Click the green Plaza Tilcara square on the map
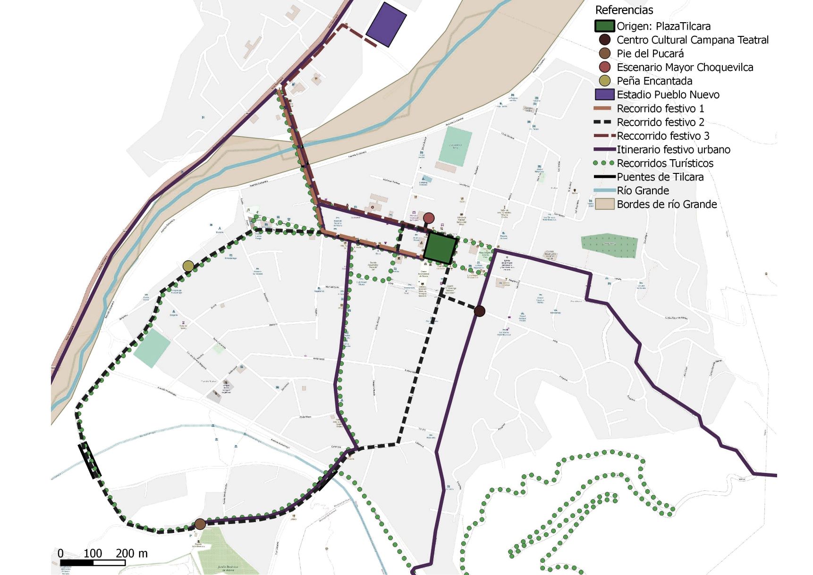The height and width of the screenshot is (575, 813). pyautogui.click(x=440, y=248)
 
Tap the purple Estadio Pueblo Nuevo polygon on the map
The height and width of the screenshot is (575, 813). pyautogui.click(x=386, y=25)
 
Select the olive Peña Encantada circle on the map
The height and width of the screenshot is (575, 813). pyautogui.click(x=188, y=266)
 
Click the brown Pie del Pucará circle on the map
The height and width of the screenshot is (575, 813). pyautogui.click(x=200, y=524)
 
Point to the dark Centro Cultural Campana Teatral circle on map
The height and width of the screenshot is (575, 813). pyautogui.click(x=479, y=311)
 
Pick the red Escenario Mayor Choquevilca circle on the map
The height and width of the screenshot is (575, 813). pyautogui.click(x=429, y=218)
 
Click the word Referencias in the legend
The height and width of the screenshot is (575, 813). pyautogui.click(x=624, y=10)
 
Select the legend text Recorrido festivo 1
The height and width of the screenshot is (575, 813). pyautogui.click(x=660, y=109)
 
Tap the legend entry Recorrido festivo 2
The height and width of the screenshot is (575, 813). pyautogui.click(x=660, y=122)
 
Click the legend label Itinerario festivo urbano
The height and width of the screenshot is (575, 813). pyautogui.click(x=673, y=150)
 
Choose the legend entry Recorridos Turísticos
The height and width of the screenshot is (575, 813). pyautogui.click(x=665, y=163)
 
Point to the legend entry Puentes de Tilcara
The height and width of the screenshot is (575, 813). pyautogui.click(x=660, y=177)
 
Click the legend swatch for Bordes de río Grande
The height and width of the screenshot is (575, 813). pyautogui.click(x=604, y=204)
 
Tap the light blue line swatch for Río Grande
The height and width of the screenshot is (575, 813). pyautogui.click(x=604, y=191)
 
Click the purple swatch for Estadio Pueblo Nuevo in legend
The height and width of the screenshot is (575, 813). pyautogui.click(x=604, y=94)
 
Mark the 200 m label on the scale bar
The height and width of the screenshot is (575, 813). pyautogui.click(x=131, y=553)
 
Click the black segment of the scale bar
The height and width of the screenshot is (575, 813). pyautogui.click(x=76, y=563)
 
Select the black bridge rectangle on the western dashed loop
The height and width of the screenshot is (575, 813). pyautogui.click(x=90, y=460)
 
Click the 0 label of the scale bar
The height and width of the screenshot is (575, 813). pyautogui.click(x=60, y=553)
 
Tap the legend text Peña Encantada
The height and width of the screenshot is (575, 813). pyautogui.click(x=654, y=81)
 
